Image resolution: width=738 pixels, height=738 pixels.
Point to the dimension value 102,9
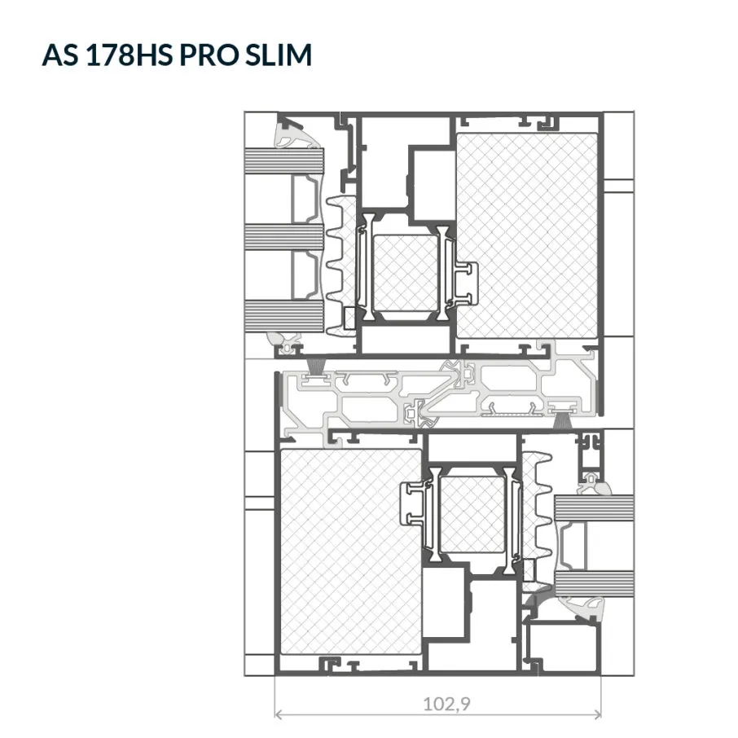coord(446,704)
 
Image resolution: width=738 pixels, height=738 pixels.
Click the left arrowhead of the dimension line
coord(278,715)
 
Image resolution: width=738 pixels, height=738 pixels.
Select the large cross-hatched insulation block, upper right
coord(527,235)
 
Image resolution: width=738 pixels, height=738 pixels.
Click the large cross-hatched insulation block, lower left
coord(350,551)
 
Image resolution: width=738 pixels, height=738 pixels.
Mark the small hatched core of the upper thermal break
coord(405,273)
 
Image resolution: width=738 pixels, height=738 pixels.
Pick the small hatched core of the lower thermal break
coord(472,515)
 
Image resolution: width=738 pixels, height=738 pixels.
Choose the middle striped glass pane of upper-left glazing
coord(284,237)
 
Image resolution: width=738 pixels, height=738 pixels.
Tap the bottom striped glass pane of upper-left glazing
coord(284,315)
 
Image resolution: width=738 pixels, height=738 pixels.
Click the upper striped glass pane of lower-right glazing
coord(594,507)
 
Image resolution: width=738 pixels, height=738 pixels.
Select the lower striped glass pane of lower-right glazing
coord(594,583)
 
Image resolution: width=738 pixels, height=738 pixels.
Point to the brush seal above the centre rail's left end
coord(316,367)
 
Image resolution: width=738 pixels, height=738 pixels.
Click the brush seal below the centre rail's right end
coord(561,420)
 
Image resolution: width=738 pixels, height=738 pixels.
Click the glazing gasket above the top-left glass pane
coord(297,135)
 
